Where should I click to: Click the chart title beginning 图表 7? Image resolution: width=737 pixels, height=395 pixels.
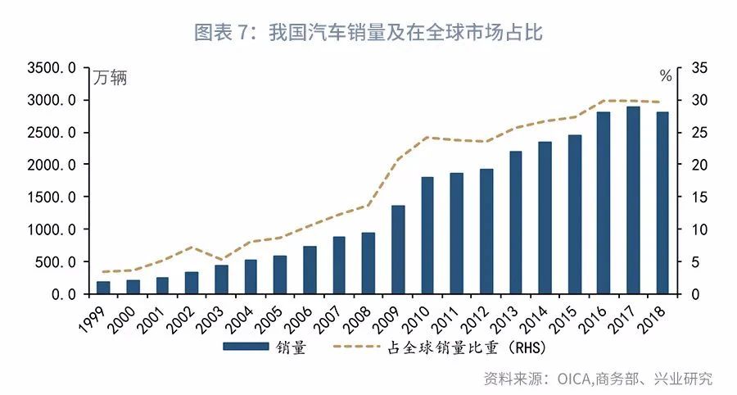[x=368, y=32]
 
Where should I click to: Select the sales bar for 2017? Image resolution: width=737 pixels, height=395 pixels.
[x=633, y=200]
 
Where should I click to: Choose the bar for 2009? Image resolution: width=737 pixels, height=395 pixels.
[x=398, y=249]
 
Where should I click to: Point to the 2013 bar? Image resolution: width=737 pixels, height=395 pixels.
[x=516, y=222]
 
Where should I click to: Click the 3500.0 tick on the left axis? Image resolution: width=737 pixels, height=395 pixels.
[x=52, y=68]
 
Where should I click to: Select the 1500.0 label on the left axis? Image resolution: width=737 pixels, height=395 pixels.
[x=52, y=197]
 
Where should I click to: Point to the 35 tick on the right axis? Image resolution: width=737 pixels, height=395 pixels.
[x=699, y=68]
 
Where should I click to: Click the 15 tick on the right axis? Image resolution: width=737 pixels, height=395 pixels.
[x=699, y=197]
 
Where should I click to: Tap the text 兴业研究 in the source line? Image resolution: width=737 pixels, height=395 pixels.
[x=685, y=379]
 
